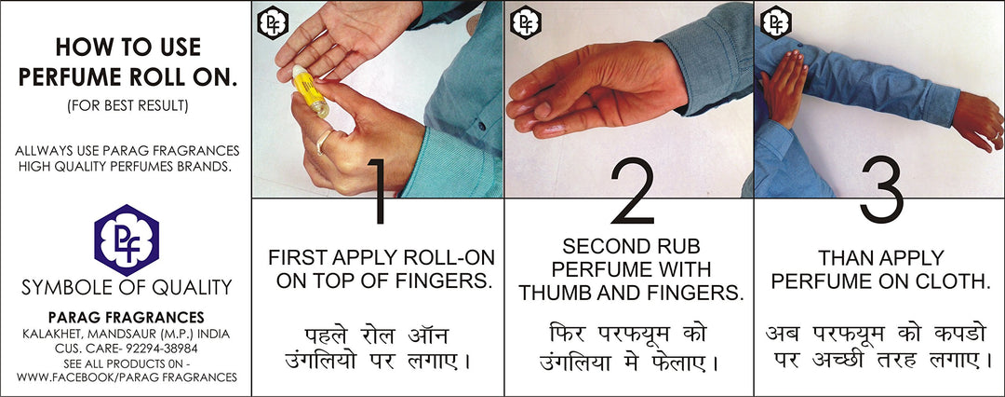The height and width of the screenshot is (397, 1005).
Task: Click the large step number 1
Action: click(x=378, y=191)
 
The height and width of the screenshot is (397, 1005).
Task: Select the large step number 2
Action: click(x=631, y=191)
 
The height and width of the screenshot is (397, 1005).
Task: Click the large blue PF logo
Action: click(x=127, y=240)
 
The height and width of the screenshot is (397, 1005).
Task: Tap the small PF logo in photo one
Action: click(x=273, y=23)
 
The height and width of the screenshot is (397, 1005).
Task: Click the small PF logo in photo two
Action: click(x=526, y=23)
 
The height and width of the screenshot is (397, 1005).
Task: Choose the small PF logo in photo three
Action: click(x=775, y=23)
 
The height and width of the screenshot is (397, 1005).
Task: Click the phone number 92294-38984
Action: click(x=162, y=349)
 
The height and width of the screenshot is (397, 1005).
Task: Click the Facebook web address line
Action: click(x=127, y=377)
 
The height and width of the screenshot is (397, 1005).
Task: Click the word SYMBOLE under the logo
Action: click(x=60, y=287)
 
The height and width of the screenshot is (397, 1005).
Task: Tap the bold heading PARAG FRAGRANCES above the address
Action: click(x=127, y=318)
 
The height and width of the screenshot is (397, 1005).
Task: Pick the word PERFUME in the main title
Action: click(x=69, y=77)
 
